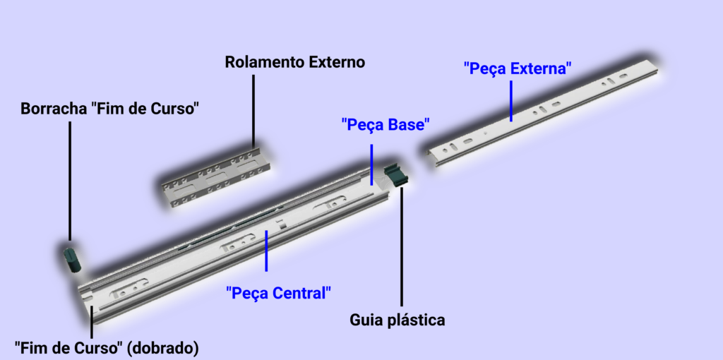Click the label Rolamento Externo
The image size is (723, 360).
click(x=294, y=62)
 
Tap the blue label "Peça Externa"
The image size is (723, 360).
click(x=518, y=69)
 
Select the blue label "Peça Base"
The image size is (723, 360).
click(x=386, y=124)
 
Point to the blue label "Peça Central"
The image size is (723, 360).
click(x=278, y=293)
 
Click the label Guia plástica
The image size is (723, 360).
click(x=397, y=320)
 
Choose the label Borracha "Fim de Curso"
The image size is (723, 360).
click(x=109, y=109)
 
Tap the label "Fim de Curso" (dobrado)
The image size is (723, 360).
click(x=107, y=348)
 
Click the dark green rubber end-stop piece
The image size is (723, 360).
click(x=72, y=260)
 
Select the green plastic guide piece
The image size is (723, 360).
click(x=397, y=174)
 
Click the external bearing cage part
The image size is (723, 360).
click(x=216, y=177)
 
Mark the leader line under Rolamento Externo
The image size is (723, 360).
click(x=253, y=111)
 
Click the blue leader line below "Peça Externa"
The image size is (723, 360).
click(x=511, y=101)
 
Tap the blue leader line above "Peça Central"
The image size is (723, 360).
click(x=266, y=251)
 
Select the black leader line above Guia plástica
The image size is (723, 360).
click(x=402, y=246)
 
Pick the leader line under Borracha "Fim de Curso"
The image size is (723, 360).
click(x=70, y=181)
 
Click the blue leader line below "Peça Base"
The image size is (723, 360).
click(x=371, y=164)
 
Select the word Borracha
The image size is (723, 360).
click(x=54, y=109)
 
